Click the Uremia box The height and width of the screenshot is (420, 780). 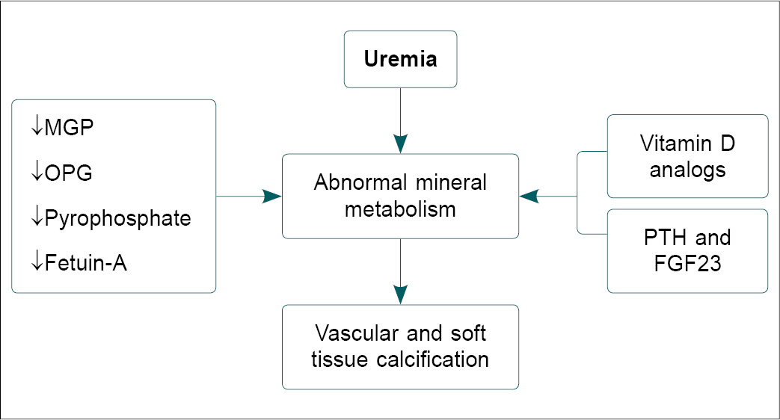pyautogui.click(x=400, y=59)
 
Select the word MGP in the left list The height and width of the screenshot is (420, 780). pyautogui.click(x=70, y=128)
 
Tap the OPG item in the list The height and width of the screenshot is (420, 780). pyautogui.click(x=69, y=173)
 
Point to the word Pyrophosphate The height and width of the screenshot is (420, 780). pyautogui.click(x=117, y=218)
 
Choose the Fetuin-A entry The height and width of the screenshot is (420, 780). pyautogui.click(x=86, y=263)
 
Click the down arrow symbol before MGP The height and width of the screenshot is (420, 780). pyautogui.click(x=36, y=128)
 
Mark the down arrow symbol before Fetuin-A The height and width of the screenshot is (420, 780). pyautogui.click(x=36, y=263)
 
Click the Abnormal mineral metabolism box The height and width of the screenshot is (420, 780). pyautogui.click(x=400, y=196)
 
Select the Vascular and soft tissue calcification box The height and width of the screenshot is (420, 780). pyautogui.click(x=400, y=346)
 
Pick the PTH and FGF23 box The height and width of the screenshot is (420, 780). pyautogui.click(x=687, y=250)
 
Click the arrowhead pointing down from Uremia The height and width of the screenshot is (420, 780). pyautogui.click(x=401, y=144)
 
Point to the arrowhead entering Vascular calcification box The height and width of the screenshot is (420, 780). pyautogui.click(x=401, y=294)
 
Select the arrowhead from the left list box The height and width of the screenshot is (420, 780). pyautogui.click(x=272, y=197)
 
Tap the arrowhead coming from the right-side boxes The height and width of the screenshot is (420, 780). pyautogui.click(x=529, y=197)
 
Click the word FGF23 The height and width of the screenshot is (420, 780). pyautogui.click(x=687, y=263)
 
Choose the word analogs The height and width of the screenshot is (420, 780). pyautogui.click(x=687, y=169)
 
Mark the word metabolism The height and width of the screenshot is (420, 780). pyautogui.click(x=400, y=209)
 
